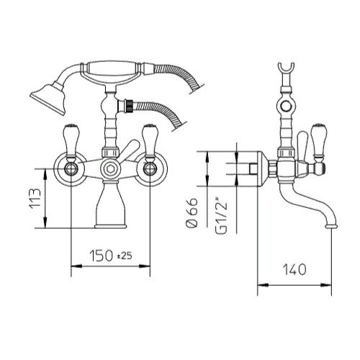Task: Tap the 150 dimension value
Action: [x=101, y=255]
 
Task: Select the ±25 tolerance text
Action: [x=125, y=256]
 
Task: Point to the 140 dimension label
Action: [x=294, y=269]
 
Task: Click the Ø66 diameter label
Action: [x=192, y=212]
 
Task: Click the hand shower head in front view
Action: [x=49, y=98]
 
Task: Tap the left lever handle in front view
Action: [x=71, y=142]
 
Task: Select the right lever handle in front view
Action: [x=150, y=142]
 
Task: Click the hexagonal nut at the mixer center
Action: [x=110, y=168]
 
